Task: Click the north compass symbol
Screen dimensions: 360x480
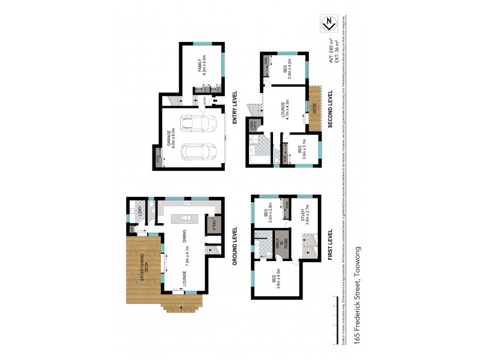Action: pyautogui.click(x=329, y=25)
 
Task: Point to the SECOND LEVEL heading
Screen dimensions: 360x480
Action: pyautogui.click(x=330, y=109)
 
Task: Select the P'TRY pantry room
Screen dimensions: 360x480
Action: pyautogui.click(x=214, y=224)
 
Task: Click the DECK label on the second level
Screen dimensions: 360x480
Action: pyautogui.click(x=314, y=108)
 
